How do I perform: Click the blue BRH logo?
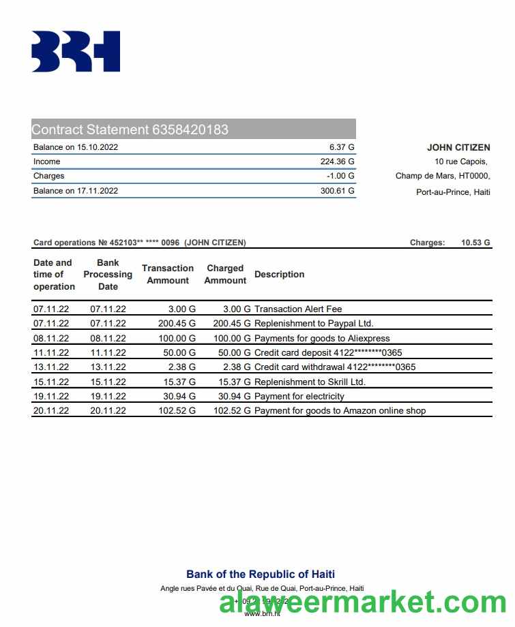tap(76, 51)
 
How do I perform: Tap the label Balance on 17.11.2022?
tap(76, 191)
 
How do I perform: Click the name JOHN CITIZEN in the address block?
tap(458, 147)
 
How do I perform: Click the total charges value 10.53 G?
tap(475, 243)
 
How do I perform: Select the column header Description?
tap(279, 274)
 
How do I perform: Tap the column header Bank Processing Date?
tap(108, 274)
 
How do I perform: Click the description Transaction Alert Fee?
tap(298, 309)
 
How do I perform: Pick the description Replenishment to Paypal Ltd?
tap(314, 324)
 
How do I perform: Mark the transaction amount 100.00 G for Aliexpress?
tap(177, 338)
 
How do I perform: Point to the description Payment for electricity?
tap(299, 396)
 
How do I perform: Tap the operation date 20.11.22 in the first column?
tap(51, 410)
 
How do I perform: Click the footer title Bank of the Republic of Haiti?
tap(261, 574)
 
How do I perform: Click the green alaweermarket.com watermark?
tap(363, 604)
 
